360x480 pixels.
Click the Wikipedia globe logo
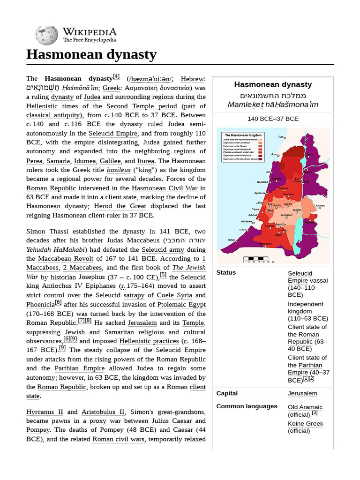click(x=46, y=35)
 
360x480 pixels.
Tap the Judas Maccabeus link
click(x=133, y=240)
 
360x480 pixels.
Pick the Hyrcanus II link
click(x=45, y=412)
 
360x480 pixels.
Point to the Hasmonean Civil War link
click(x=163, y=188)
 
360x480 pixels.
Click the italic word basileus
click(x=118, y=170)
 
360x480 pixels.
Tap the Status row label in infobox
click(x=226, y=272)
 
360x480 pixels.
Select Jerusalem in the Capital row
click(x=302, y=393)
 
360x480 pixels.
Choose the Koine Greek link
click(x=305, y=423)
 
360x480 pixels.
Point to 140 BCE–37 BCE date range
click(x=273, y=119)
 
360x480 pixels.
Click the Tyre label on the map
click(x=281, y=137)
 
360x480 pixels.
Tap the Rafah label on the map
click(x=231, y=240)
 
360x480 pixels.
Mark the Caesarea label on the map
click(x=262, y=182)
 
